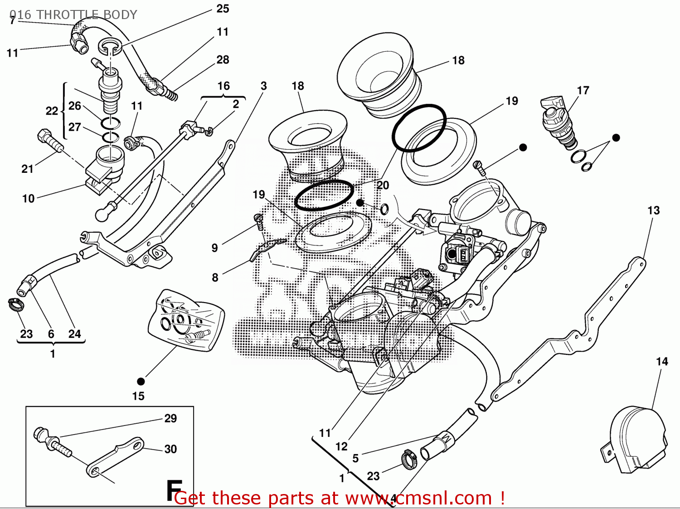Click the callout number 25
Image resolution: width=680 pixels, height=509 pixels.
tap(223, 9)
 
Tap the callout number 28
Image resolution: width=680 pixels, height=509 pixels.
tap(223, 60)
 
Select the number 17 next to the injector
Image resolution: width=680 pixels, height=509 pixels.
tap(583, 91)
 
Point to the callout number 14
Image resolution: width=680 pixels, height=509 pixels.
tap(662, 362)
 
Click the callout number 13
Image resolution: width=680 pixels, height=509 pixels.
tap(653, 210)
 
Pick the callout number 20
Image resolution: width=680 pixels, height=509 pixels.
tap(383, 185)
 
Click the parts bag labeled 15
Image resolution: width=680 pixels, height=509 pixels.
tap(187, 319)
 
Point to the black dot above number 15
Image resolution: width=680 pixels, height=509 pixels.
tap(141, 381)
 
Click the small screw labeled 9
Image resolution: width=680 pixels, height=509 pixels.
tap(259, 221)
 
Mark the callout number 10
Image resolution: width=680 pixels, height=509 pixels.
tap(28, 199)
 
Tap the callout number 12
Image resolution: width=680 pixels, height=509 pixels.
tap(341, 447)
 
